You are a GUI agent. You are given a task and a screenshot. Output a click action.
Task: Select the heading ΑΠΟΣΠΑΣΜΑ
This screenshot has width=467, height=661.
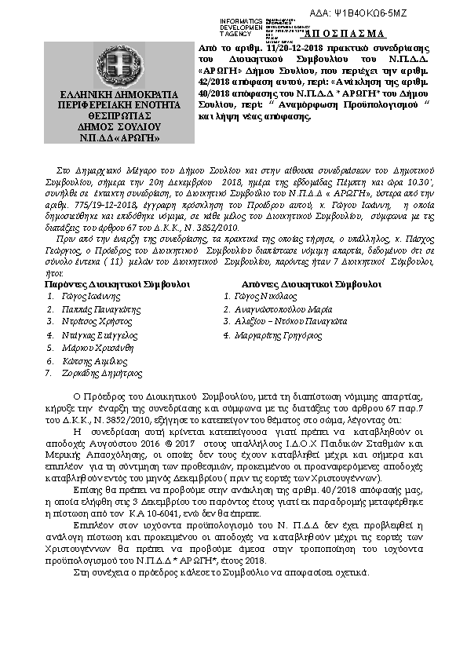(344, 34)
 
